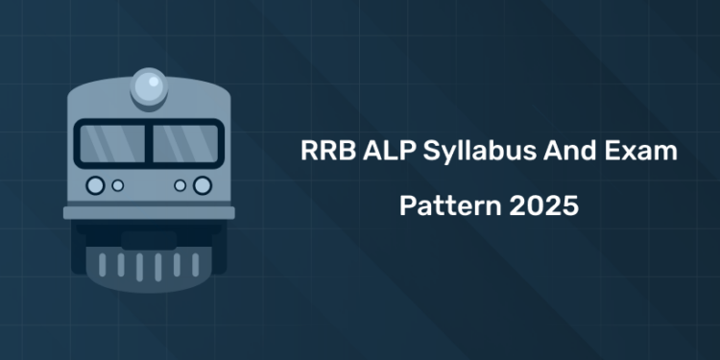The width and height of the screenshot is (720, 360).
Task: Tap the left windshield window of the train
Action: [111, 143]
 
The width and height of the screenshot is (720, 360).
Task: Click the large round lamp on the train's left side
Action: [95, 184]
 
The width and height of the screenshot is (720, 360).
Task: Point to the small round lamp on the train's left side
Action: [118, 184]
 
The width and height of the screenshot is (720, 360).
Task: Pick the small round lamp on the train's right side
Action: [180, 184]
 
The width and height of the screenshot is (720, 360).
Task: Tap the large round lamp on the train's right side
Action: [202, 184]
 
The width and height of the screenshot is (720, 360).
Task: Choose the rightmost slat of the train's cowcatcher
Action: [195, 264]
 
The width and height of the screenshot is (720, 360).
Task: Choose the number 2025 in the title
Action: [541, 206]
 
